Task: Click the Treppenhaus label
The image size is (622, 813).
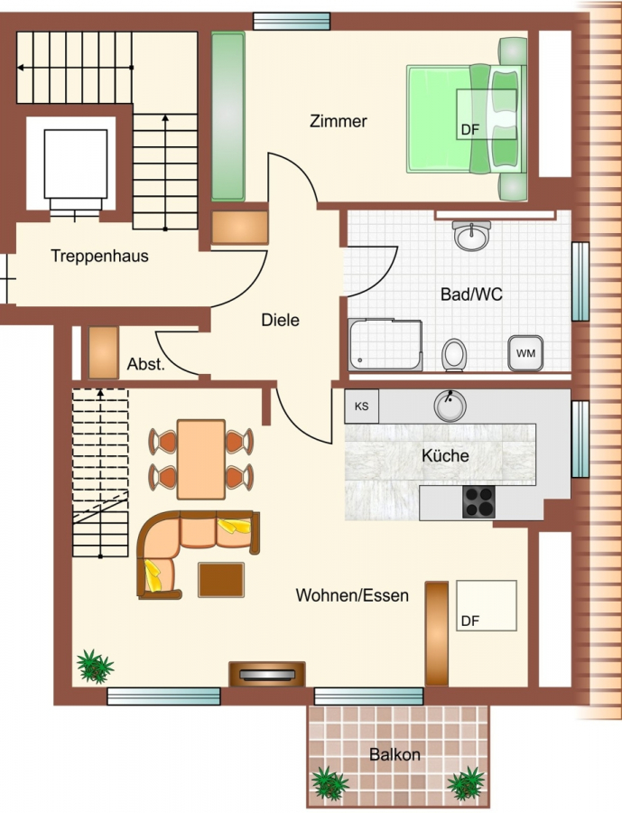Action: [99, 256]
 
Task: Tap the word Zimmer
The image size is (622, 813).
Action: [338, 121]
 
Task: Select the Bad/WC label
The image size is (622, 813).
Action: [471, 294]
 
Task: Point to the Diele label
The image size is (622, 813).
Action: [280, 320]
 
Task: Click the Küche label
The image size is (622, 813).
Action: [445, 455]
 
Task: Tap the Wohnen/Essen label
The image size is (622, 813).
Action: [352, 594]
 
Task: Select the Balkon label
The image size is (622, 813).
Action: [395, 754]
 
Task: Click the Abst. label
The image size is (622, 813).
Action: [145, 364]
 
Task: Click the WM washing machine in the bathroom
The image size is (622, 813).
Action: [525, 353]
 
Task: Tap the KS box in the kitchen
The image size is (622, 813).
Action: [362, 406]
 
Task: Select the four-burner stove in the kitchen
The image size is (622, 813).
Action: [478, 502]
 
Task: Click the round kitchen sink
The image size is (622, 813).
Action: [450, 406]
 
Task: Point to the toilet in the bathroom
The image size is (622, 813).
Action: [454, 355]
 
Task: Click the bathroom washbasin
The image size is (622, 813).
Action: [471, 236]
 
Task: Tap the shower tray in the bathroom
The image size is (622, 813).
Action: [385, 345]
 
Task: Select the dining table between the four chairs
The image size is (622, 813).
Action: [201, 460]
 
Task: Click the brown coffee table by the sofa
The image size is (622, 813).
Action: [221, 580]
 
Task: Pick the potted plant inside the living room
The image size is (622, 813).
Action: [95, 667]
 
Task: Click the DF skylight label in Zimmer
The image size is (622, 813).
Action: [470, 129]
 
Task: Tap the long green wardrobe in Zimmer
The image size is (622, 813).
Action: [228, 117]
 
